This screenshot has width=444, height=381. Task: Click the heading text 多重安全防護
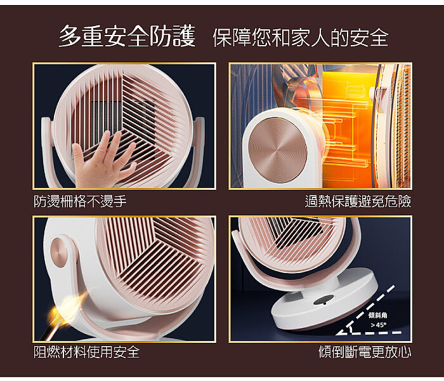point(127,36)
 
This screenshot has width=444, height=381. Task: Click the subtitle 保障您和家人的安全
point(301,37)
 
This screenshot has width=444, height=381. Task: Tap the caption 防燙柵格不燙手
point(80,201)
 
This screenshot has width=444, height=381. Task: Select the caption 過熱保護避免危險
point(358,201)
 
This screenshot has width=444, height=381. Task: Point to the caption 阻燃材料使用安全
point(87,352)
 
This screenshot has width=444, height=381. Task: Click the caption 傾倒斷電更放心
point(365,352)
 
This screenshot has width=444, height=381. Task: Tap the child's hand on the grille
point(103,159)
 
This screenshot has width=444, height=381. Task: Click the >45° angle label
point(379,325)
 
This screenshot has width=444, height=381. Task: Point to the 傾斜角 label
point(378,315)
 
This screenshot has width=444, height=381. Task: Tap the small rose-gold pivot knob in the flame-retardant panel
point(58,252)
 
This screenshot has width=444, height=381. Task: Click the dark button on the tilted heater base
point(323,300)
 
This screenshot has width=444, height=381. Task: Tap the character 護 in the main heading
point(184,36)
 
